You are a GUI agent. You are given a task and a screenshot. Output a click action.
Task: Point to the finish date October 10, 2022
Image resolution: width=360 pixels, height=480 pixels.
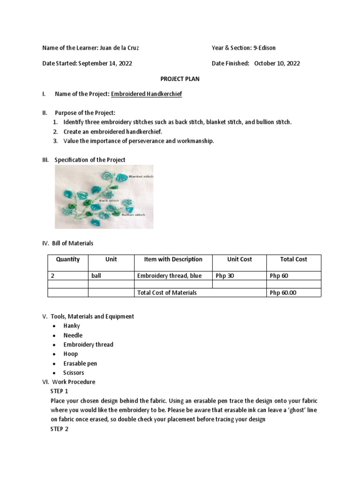[x=277, y=63]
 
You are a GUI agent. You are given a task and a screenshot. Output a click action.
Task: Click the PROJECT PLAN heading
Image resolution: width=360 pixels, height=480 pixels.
[x=180, y=79]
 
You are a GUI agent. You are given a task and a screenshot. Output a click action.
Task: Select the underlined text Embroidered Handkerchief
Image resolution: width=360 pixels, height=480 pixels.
[x=146, y=94]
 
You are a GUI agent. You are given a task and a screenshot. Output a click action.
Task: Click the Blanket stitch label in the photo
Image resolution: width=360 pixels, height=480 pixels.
[x=144, y=177]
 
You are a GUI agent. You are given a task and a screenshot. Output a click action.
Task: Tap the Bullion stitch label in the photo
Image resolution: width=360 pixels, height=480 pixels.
[x=133, y=215]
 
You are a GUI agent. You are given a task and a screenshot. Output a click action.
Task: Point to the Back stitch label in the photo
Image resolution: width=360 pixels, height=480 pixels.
[x=109, y=200]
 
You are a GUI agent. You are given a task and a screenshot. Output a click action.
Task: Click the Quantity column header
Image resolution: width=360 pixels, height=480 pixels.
[x=68, y=259]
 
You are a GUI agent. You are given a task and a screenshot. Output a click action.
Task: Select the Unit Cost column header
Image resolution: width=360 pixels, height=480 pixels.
[x=240, y=259]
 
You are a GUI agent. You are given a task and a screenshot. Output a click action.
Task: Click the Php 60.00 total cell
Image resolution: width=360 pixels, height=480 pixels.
[x=283, y=292]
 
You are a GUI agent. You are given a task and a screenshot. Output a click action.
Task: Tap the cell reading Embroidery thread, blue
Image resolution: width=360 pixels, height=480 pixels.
[x=169, y=276]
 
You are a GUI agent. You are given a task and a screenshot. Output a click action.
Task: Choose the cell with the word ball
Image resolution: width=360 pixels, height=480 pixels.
[x=96, y=276]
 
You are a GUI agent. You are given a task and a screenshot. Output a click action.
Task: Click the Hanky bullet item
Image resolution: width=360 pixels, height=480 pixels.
[x=72, y=326]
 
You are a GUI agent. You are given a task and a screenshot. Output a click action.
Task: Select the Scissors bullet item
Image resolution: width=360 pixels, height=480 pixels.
[x=74, y=373]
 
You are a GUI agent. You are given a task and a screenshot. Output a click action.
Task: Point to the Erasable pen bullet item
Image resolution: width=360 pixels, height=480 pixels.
[x=80, y=363]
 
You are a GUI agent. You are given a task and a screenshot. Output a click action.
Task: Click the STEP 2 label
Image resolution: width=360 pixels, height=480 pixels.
[x=59, y=429]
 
